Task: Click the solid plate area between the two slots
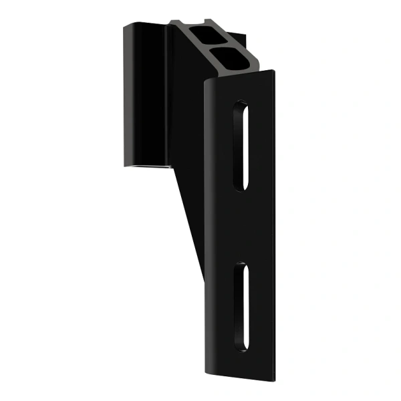[x=241, y=226]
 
